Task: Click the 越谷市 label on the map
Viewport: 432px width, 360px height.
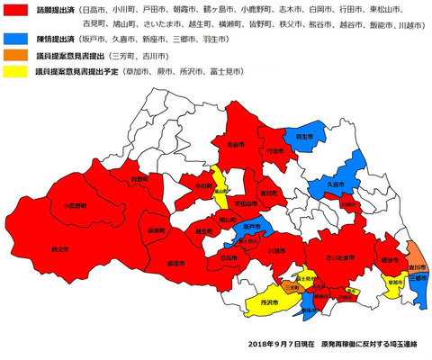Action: tap(390, 260)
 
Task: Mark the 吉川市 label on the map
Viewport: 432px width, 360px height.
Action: tap(416, 267)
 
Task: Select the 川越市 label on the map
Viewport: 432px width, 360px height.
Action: tap(265, 251)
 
